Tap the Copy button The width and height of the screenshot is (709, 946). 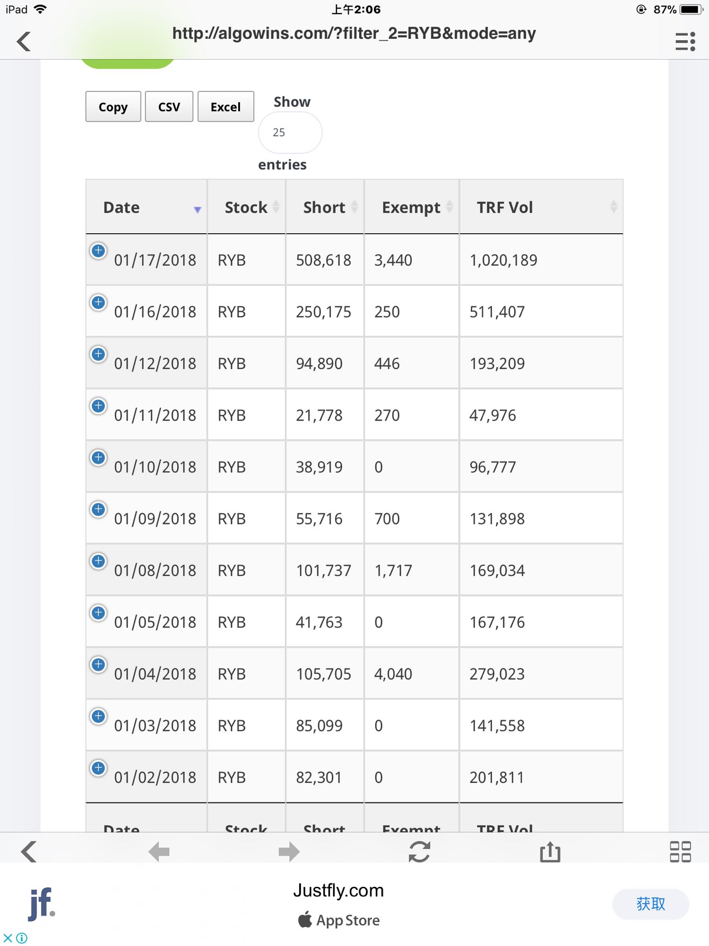[x=113, y=107]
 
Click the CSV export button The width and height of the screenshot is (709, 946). [x=169, y=107]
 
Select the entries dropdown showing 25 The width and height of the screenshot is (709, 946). [x=290, y=132]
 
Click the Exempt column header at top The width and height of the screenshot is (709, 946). [x=411, y=207]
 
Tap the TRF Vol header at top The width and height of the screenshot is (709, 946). [x=505, y=207]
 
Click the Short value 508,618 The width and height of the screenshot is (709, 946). [x=323, y=260]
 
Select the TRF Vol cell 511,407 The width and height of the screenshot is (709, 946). [x=497, y=312]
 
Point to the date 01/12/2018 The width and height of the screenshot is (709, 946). [x=155, y=364]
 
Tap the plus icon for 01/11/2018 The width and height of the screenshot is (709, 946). [x=98, y=406]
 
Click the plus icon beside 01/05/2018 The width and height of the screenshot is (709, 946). [x=98, y=613]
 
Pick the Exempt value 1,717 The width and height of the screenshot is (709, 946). [x=393, y=570]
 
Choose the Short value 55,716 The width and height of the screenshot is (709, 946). [x=319, y=519]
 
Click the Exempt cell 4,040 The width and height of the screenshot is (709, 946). [x=393, y=674]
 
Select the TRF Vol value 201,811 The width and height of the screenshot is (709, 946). [x=496, y=778]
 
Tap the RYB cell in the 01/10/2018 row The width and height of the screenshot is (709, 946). [x=232, y=467]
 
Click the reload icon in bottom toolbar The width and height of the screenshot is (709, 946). [x=419, y=852]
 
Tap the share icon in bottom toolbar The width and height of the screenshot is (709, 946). [x=550, y=852]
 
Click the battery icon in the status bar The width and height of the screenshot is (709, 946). [x=691, y=9]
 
